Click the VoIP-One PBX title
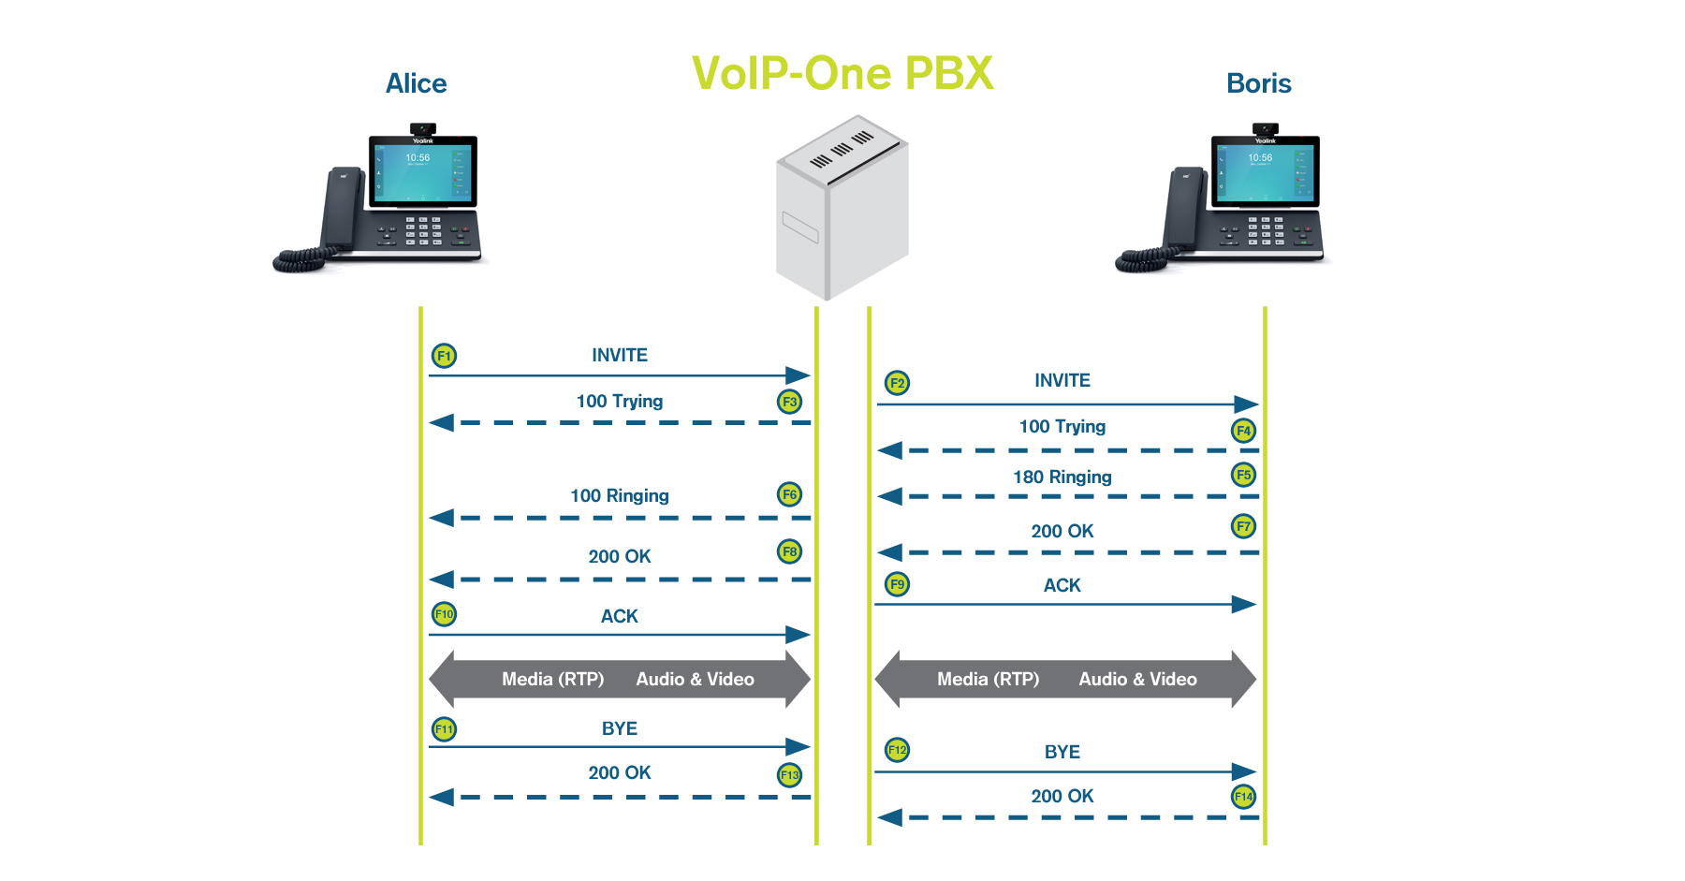click(x=842, y=73)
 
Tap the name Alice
click(x=417, y=83)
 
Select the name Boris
click(x=1259, y=83)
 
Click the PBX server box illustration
click(x=842, y=207)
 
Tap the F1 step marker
click(x=444, y=356)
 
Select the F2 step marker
click(x=897, y=382)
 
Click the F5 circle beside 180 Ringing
click(x=1243, y=475)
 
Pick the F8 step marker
click(x=790, y=551)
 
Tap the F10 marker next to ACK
click(x=444, y=614)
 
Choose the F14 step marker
click(x=1243, y=797)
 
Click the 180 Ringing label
click(x=1062, y=477)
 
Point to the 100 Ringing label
click(x=620, y=495)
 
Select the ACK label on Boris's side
click(x=1062, y=585)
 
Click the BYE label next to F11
click(x=620, y=728)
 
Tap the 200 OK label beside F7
click(x=1062, y=531)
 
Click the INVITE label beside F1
click(x=620, y=355)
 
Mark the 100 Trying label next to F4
click(x=1062, y=427)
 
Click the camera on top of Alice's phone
click(x=423, y=128)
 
